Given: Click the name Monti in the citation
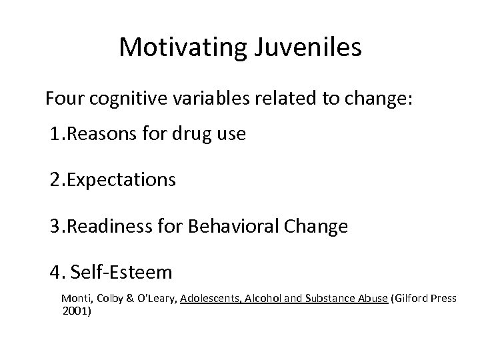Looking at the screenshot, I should pos(75,298).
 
